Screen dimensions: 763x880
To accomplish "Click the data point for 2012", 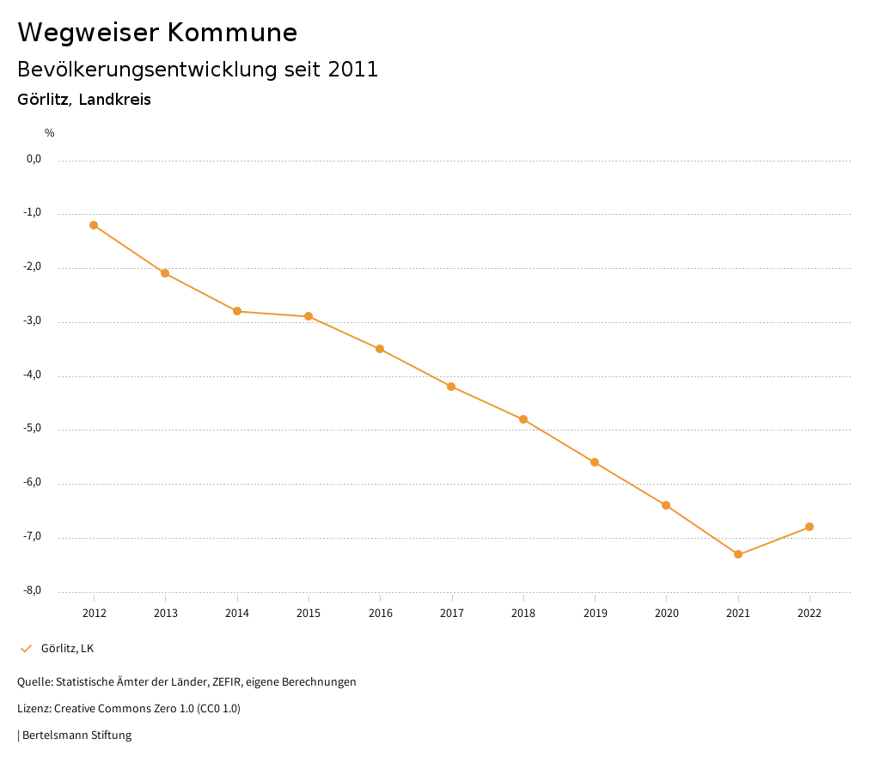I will (x=94, y=225).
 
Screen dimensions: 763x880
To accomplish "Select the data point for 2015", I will (x=309, y=316).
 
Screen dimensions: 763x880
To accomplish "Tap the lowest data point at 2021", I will (x=738, y=554).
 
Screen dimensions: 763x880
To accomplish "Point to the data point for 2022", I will (x=810, y=527).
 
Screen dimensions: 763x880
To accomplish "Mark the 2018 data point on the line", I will (x=523, y=419).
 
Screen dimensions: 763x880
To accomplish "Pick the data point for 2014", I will (x=237, y=311).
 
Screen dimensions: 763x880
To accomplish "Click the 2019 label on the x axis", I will (x=595, y=613).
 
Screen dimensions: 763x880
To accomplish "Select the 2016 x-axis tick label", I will (x=380, y=613).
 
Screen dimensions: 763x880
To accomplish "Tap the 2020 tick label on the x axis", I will (x=667, y=613).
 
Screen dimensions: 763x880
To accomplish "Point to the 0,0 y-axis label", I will (x=34, y=159).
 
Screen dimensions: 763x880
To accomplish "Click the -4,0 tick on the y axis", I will (x=33, y=375).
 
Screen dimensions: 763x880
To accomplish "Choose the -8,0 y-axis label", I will (x=33, y=591).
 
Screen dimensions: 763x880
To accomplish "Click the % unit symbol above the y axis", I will (x=50, y=133).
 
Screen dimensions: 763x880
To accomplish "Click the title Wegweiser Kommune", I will (x=157, y=33).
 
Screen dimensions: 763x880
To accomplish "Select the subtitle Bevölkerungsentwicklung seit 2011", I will (x=198, y=70).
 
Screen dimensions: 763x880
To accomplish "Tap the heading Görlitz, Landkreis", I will (x=84, y=100).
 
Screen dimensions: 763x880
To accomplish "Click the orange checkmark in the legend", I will (x=26, y=648).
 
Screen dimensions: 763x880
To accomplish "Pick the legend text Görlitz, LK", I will (x=67, y=648).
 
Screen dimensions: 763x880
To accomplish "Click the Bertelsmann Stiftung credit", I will (x=76, y=736).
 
